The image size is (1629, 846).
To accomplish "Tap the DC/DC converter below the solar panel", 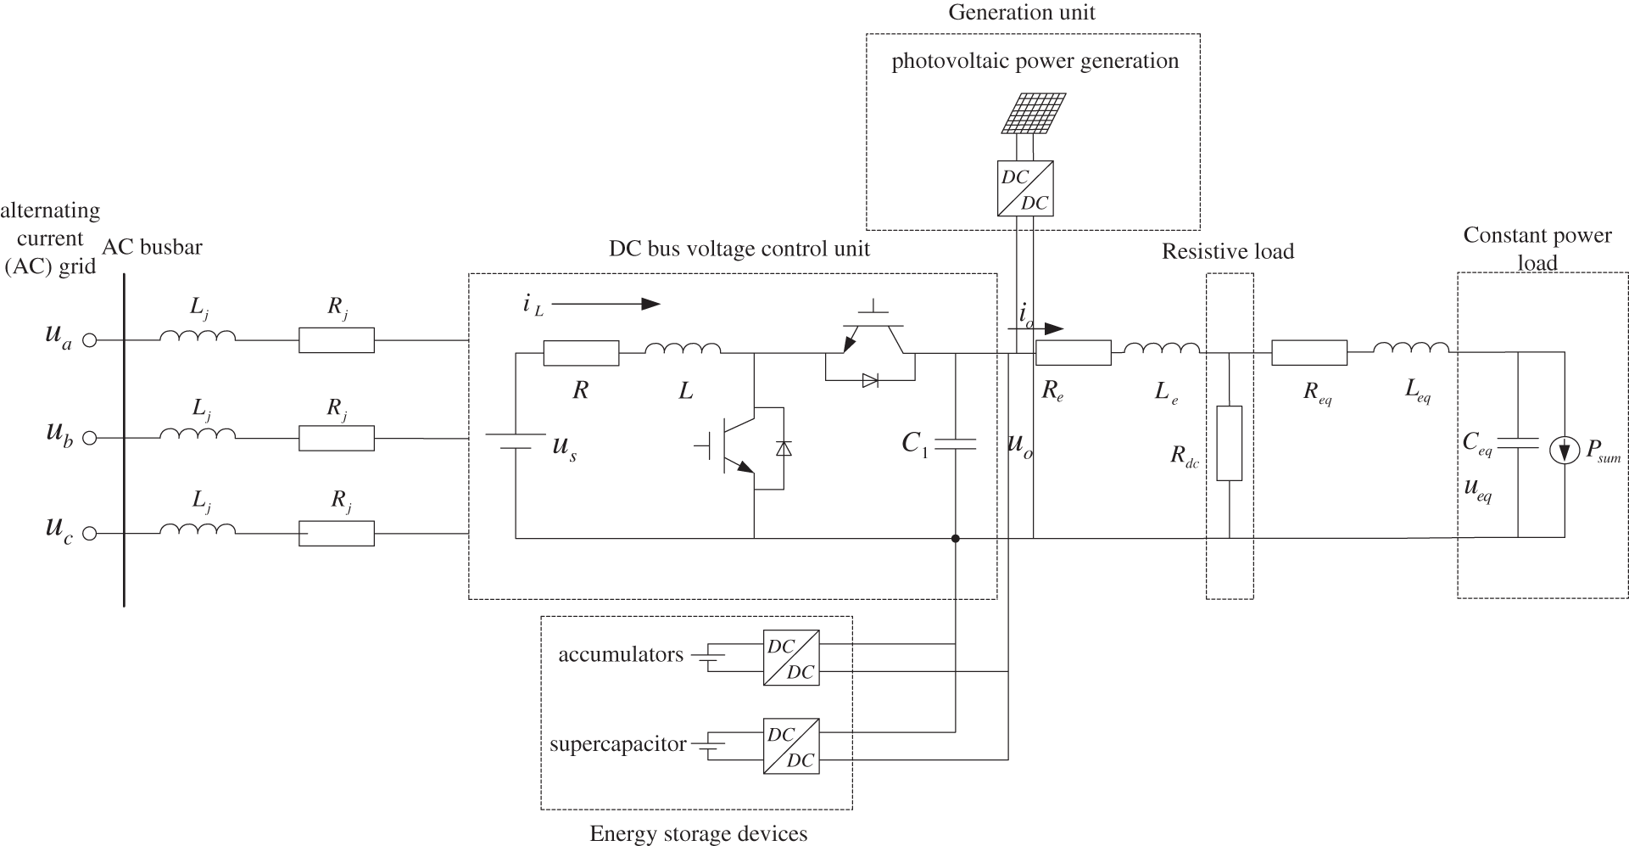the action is point(1025,188).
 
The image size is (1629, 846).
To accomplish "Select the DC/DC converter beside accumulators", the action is point(791,658).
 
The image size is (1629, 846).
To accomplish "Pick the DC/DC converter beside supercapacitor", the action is point(791,744).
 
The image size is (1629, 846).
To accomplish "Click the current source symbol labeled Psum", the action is point(1565,451).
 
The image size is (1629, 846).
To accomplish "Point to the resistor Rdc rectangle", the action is point(1229,443).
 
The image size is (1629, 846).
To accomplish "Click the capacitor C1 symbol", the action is point(956,443).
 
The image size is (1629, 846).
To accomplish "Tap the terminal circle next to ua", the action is point(90,340).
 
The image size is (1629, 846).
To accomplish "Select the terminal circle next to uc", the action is point(90,534).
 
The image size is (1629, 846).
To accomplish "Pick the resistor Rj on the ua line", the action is point(337,340).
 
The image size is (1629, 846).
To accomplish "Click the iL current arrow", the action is point(605,304).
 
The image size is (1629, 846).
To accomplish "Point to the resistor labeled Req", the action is point(1309,352).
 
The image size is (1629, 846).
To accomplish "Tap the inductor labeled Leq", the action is point(1411,347).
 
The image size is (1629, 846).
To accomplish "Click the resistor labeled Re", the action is point(1074,352).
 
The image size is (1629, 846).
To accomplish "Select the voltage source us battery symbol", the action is point(516,443).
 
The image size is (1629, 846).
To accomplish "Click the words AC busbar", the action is point(153,247).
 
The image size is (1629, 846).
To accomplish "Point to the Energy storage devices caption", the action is point(699,833).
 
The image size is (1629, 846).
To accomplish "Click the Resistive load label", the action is point(1228,251).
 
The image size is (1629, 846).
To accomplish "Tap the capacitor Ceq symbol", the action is point(1517,443).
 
